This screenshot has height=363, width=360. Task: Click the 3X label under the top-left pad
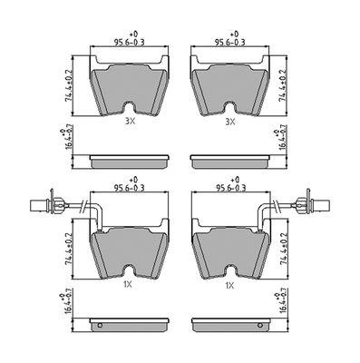(130, 122)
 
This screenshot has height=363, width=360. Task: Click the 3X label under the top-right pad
(230, 122)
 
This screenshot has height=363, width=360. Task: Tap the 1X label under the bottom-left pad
(128, 285)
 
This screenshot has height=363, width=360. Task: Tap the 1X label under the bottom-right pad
(229, 285)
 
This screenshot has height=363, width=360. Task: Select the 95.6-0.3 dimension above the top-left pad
(129, 43)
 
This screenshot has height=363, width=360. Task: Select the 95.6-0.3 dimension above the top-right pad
(229, 43)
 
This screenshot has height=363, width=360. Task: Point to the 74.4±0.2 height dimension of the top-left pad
(69, 85)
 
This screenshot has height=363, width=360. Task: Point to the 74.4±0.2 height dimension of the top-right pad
(284, 85)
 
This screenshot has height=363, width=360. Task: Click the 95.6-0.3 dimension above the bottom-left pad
(129, 188)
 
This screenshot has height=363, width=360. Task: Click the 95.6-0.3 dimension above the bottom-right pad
(230, 188)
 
